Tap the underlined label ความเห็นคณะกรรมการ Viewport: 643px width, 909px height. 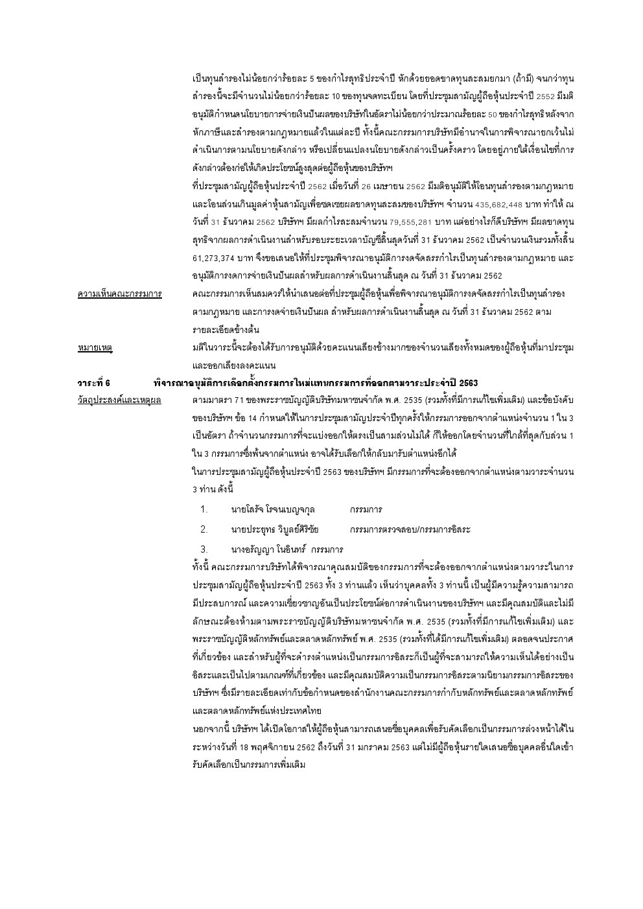pos(119,294)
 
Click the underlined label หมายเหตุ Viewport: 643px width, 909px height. pos(95,348)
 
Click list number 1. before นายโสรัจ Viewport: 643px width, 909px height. pos(204,509)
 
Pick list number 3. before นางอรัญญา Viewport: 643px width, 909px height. pos(204,549)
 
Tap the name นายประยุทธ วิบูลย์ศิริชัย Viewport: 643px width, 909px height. pos(275,529)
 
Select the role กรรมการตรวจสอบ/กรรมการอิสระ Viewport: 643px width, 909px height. pos(410,529)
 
